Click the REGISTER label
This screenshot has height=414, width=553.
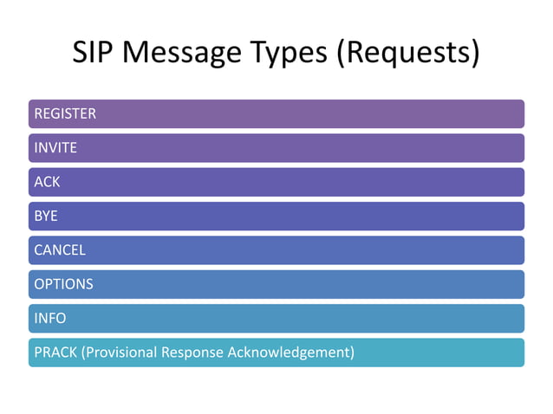coord(65,113)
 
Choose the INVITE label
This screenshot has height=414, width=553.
coord(55,148)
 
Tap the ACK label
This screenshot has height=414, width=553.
coord(47,182)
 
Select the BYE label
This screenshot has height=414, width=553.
coord(46,216)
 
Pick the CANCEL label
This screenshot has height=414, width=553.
coord(60,250)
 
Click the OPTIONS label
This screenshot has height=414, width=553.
coord(63,284)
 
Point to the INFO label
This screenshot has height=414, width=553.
coord(50,319)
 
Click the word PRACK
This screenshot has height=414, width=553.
coord(54,353)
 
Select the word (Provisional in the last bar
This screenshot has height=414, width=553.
coord(119,353)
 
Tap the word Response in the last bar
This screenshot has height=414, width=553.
coord(193,353)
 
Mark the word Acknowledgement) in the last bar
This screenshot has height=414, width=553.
coord(290,353)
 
